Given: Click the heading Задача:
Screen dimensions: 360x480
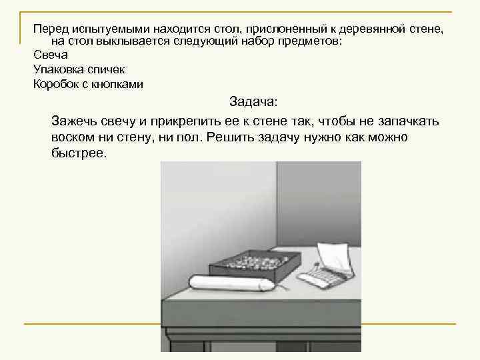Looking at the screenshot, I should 256,102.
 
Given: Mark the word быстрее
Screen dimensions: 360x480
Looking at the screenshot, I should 78,153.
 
